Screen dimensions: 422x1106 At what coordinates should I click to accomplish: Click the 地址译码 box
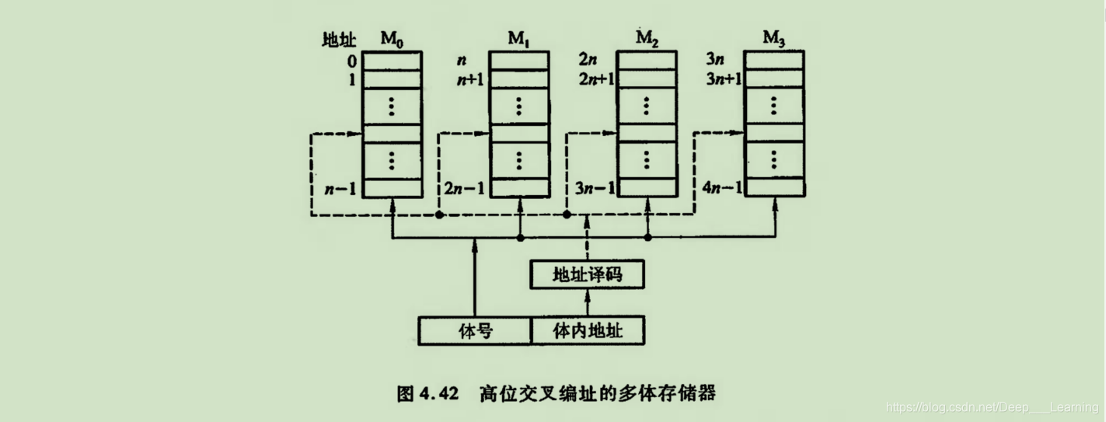pos(587,275)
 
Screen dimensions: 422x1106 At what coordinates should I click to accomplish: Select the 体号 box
pos(474,331)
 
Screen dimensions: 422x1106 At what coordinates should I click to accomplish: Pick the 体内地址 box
pos(588,331)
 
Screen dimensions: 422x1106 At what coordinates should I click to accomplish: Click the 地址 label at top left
pos(340,40)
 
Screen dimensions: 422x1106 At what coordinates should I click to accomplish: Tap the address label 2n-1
pos(464,188)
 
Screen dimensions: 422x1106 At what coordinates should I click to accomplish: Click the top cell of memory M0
pos(392,60)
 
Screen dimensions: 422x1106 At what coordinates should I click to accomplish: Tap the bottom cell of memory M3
pos(774,188)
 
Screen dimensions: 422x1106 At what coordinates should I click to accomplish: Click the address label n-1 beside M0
pos(340,188)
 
